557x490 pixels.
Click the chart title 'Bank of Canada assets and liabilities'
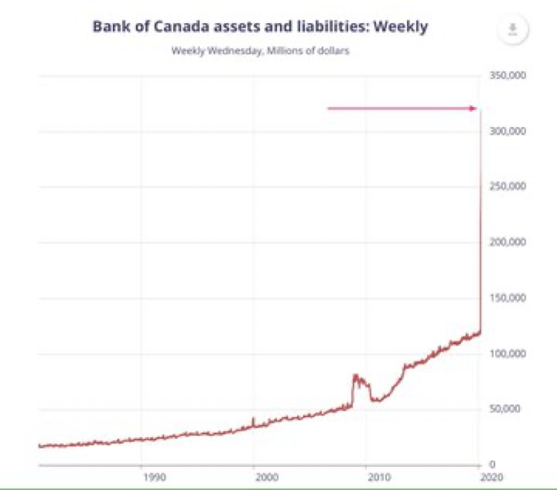260,28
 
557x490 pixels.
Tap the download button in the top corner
512,29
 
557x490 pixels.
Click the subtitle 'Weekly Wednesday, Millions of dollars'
260,51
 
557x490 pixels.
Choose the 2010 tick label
378,477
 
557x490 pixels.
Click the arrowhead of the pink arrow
473,109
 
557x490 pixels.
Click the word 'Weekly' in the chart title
401,28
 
